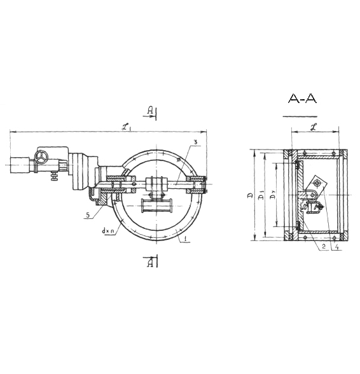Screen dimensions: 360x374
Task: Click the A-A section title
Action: [x=302, y=98]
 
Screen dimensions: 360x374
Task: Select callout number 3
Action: [x=195, y=142]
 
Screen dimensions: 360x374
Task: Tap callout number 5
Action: [x=88, y=215]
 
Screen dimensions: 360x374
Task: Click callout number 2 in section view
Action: [x=324, y=247]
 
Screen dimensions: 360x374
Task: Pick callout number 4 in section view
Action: [x=336, y=247]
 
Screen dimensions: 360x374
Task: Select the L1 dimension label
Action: [x=127, y=127]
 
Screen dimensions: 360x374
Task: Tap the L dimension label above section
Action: [x=315, y=127]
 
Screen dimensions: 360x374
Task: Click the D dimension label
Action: [x=250, y=196]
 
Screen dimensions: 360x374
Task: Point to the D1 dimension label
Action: [x=261, y=197]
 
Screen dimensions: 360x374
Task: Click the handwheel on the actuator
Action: [x=41, y=157]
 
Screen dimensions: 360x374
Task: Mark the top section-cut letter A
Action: [x=150, y=111]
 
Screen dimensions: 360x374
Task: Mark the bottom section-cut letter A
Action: [x=150, y=263]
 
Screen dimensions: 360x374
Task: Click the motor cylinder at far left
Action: [x=20, y=165]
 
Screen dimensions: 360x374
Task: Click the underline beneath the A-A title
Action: [x=300, y=116]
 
